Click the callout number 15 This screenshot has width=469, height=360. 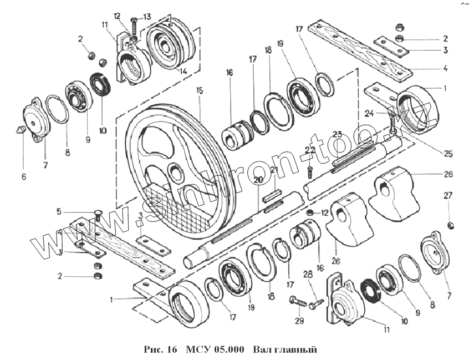[200, 90]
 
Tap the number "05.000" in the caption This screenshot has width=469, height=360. [230, 351]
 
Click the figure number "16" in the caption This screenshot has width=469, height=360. [170, 351]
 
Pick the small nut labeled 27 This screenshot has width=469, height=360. [451, 224]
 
